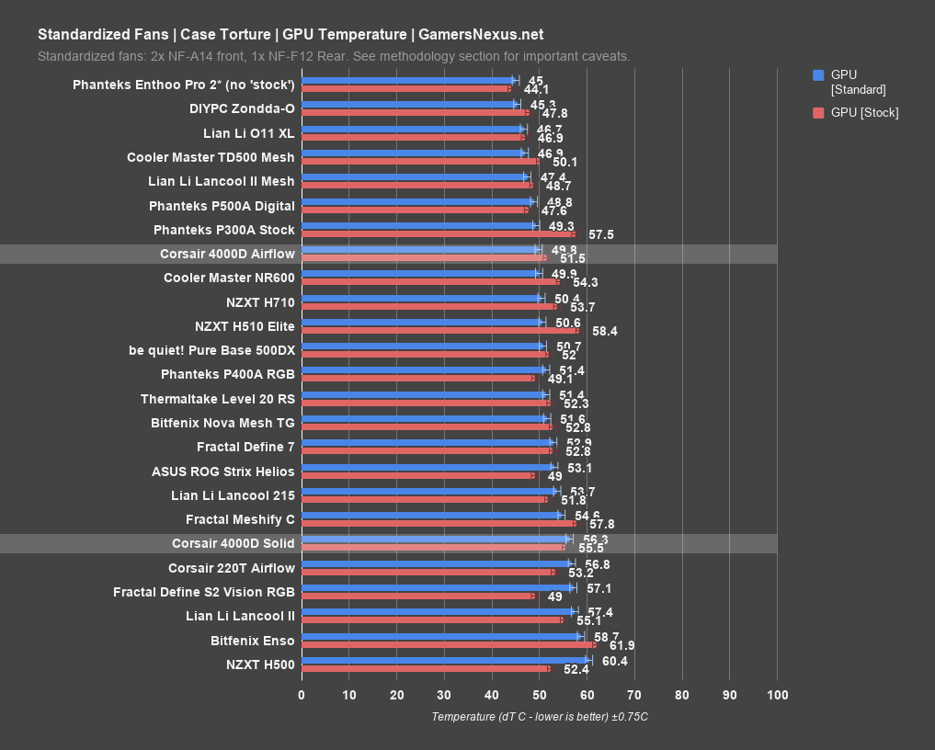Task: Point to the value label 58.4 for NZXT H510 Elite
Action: [x=605, y=331]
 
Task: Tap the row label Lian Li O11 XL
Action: [x=248, y=133]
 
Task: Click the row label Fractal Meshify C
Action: [x=240, y=519]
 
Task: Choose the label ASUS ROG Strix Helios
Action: [x=223, y=472]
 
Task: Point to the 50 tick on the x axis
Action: [x=539, y=695]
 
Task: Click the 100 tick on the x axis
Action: [x=777, y=695]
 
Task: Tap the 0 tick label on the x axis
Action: [x=302, y=695]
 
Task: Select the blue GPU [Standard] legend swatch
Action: [x=818, y=75]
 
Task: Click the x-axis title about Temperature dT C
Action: [x=540, y=717]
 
